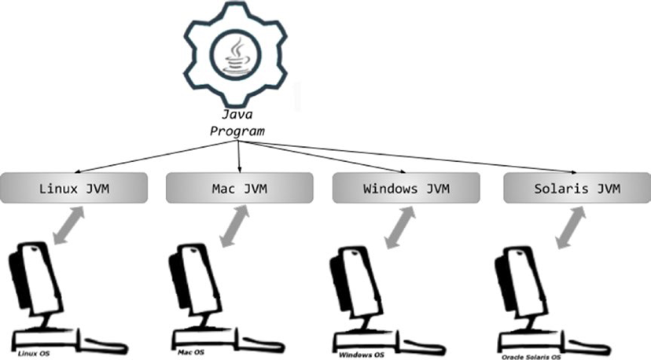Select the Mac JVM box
pos(239,189)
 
